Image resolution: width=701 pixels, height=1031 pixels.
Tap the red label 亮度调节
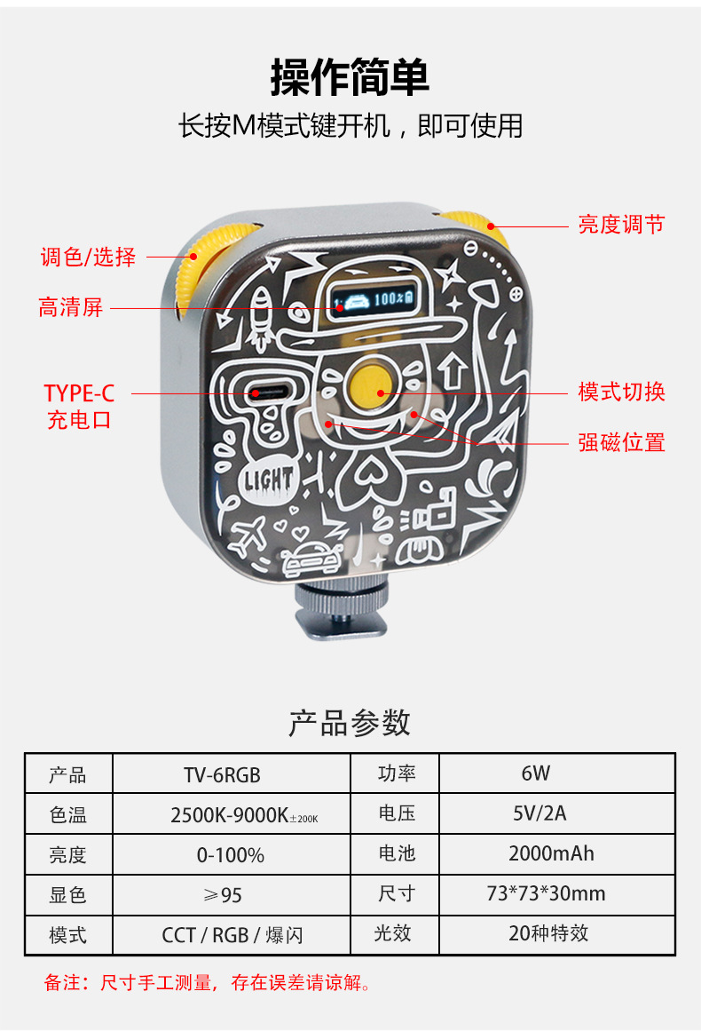(621, 225)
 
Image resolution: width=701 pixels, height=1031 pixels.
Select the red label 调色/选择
(89, 258)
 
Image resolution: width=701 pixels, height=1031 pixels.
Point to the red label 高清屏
(71, 308)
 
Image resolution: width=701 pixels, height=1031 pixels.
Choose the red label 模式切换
(621, 392)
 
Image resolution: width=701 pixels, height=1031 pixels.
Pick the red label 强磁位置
(621, 442)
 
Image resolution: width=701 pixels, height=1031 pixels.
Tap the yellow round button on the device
(371, 381)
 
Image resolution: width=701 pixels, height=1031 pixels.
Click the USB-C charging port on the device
(266, 392)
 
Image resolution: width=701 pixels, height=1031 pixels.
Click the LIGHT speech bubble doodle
(267, 480)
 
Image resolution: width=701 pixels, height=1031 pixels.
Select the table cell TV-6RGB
(222, 774)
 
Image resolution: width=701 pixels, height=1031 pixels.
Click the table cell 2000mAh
(551, 854)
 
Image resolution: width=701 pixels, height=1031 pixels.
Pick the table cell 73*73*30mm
(546, 894)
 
